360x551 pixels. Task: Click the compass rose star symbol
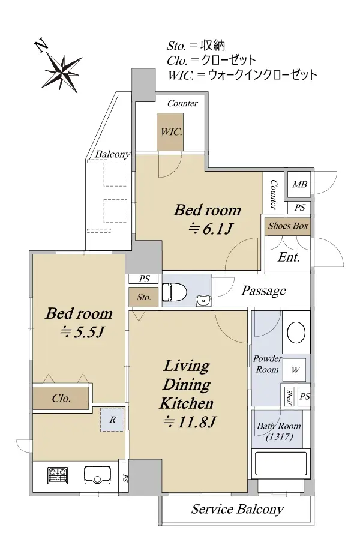coord(63,73)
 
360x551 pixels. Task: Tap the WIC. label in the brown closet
coord(171,132)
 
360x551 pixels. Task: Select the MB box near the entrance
coord(299,184)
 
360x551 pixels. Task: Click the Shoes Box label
coord(288,226)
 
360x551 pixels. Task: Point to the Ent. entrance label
coord(289,257)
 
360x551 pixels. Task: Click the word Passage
coord(263,291)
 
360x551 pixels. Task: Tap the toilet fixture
coord(174,292)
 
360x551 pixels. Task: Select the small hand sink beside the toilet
coord(202,301)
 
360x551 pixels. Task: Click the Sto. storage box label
coord(143,297)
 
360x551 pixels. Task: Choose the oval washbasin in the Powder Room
coord(296,333)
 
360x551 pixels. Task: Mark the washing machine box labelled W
coord(295,370)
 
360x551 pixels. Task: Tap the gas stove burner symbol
coord(58,475)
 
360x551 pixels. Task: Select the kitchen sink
coord(97,475)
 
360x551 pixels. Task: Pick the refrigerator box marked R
coord(112,420)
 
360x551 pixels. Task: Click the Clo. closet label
coord(61,399)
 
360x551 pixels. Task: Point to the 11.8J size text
coord(190,421)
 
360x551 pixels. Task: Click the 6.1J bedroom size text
coord(211,229)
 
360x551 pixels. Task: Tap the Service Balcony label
coord(238,509)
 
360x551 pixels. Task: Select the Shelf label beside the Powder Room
coord(289,397)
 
